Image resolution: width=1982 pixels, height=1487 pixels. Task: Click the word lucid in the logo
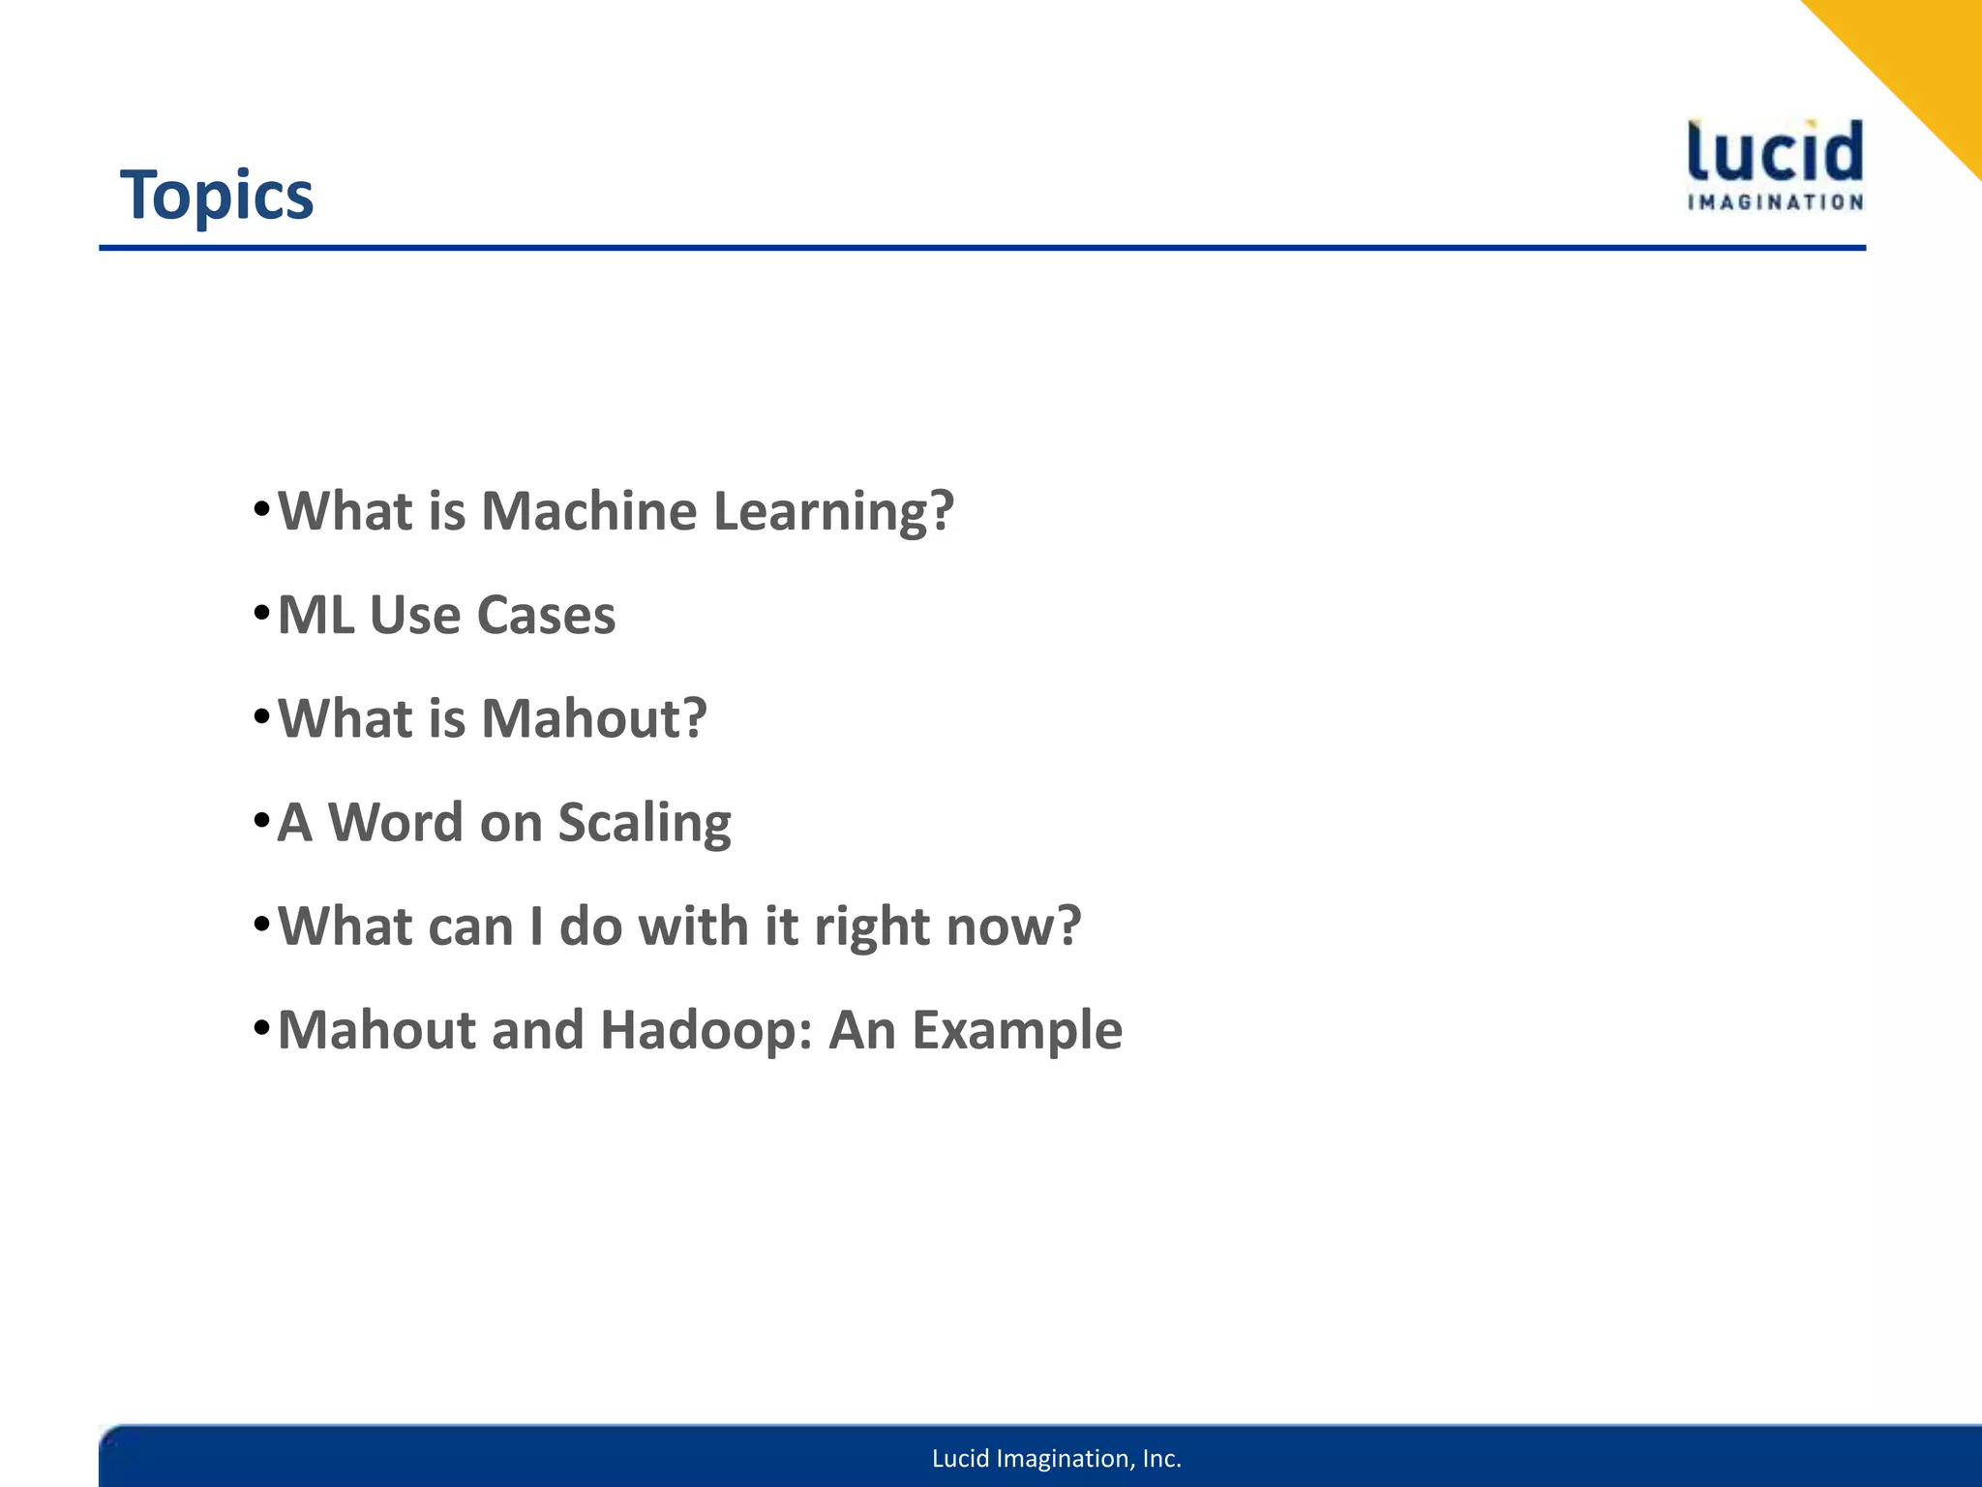(x=1775, y=152)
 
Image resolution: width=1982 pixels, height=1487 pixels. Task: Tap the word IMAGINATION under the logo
(x=1775, y=202)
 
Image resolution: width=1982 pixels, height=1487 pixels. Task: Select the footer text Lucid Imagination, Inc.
(x=1057, y=1458)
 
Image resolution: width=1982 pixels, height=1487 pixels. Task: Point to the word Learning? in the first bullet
(x=833, y=513)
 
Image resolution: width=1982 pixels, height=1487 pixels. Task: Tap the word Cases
(x=546, y=616)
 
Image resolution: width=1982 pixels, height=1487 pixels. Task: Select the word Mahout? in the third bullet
(x=594, y=719)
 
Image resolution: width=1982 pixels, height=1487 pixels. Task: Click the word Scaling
(x=644, y=825)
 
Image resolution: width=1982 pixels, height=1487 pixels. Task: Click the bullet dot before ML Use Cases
(x=260, y=613)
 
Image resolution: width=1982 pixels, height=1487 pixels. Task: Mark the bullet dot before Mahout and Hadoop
(x=260, y=1027)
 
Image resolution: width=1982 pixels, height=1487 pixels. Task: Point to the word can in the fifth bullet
(x=469, y=927)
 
